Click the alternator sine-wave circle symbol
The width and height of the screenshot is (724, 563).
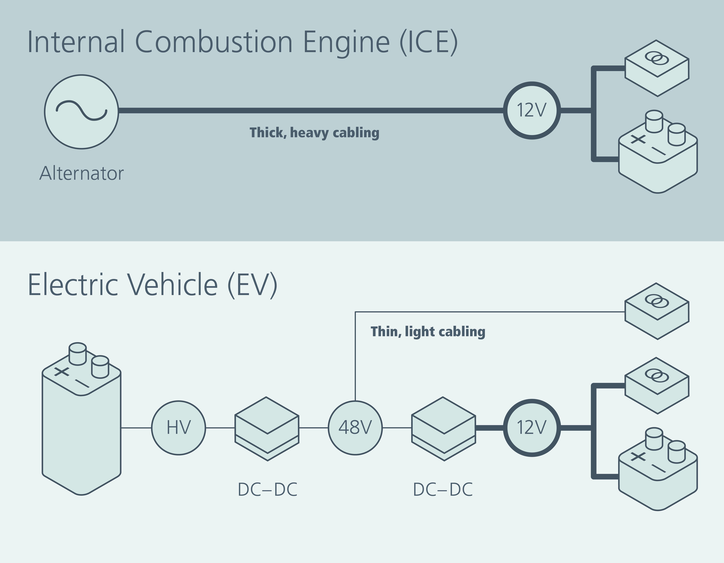[x=82, y=112]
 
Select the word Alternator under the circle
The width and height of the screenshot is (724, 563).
[x=82, y=173]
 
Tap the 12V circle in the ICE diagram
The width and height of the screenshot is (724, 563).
[x=532, y=110]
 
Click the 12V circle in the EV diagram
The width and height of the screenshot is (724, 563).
[x=532, y=428]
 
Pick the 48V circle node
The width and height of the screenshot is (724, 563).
[x=355, y=428]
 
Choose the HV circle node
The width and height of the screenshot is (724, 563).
[x=179, y=428]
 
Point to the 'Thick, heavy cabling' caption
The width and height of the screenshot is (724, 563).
[x=314, y=133]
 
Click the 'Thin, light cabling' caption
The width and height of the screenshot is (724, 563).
[x=428, y=332]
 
